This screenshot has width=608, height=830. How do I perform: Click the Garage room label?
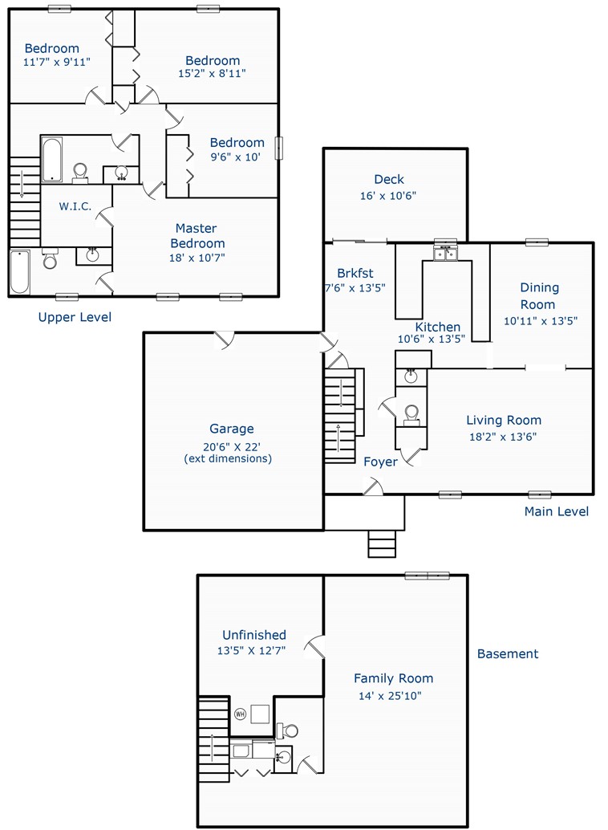[231, 428]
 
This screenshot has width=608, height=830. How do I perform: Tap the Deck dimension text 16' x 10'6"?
[388, 196]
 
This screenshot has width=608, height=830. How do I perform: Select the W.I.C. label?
[75, 206]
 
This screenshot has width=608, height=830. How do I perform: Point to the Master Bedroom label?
[197, 235]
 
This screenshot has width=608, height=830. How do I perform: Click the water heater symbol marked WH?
[241, 714]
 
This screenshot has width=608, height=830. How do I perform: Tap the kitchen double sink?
[445, 254]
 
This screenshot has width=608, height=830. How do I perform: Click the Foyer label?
[380, 462]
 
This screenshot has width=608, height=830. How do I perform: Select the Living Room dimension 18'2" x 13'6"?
[503, 437]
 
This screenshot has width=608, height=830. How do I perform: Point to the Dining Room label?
[539, 296]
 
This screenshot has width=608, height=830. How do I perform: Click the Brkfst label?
[355, 273]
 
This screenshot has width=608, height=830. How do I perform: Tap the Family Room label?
[393, 678]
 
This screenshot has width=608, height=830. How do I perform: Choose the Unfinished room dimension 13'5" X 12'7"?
[251, 650]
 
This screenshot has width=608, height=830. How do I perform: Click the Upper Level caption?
[75, 317]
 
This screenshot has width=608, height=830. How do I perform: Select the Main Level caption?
[556, 511]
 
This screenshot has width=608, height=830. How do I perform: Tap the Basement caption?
[508, 653]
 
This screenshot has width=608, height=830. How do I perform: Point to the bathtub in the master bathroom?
[20, 271]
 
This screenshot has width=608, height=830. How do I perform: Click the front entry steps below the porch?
[382, 543]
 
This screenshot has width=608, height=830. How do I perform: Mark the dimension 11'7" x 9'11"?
[57, 62]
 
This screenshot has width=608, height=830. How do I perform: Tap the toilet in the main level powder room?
[411, 415]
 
